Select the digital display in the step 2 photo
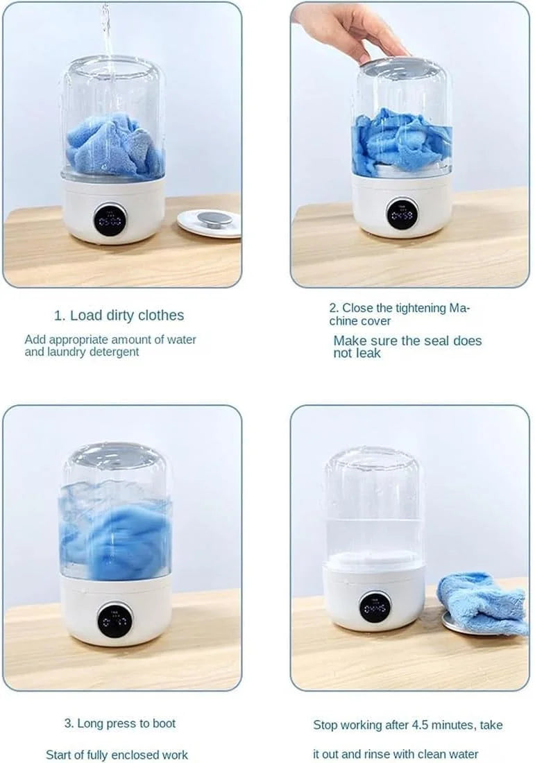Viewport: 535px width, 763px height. [401, 214]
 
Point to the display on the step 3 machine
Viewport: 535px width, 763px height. [114, 619]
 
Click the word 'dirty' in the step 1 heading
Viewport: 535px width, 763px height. [122, 316]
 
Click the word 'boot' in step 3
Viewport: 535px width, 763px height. [161, 723]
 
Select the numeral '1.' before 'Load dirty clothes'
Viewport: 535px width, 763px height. [60, 316]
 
